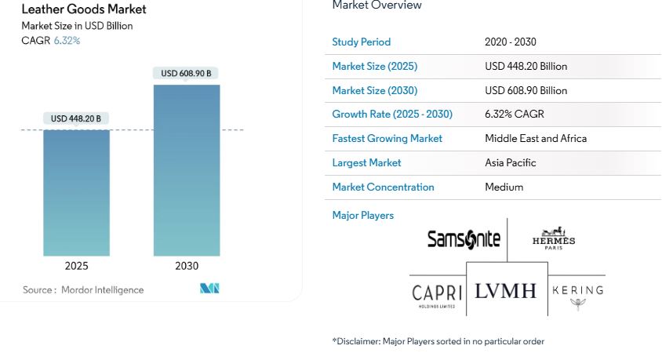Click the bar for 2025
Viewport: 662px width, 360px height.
(76, 193)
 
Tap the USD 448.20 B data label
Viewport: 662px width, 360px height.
(76, 119)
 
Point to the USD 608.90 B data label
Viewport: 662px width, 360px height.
(186, 74)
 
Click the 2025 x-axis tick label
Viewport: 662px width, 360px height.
(76, 266)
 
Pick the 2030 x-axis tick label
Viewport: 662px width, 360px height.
(187, 266)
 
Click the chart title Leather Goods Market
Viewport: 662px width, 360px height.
(84, 9)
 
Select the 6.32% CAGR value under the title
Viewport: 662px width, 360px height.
(67, 41)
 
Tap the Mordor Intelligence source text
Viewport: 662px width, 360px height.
(83, 290)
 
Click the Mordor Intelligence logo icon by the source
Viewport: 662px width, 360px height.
(209, 289)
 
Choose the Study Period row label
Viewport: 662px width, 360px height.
(361, 42)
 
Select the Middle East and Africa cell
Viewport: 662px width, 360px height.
(536, 139)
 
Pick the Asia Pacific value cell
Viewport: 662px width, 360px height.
(511, 163)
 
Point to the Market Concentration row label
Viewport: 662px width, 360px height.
(383, 187)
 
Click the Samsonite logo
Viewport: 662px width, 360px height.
(464, 238)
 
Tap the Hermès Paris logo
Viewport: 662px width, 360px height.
(554, 238)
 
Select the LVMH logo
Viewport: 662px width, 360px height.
(506, 291)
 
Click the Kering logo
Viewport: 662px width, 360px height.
(577, 293)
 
